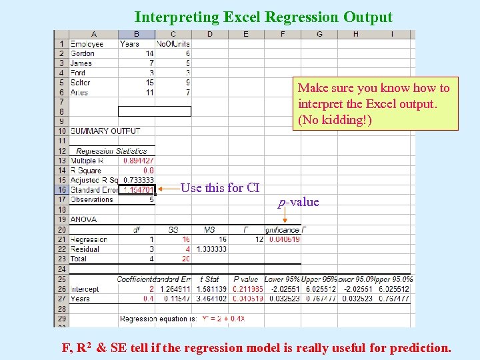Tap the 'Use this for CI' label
(x=220, y=188)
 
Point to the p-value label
(x=299, y=202)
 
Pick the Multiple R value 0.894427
(x=139, y=161)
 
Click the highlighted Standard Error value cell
(x=137, y=190)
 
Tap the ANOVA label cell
(x=83, y=219)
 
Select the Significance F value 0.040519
(x=285, y=239)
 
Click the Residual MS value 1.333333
(x=210, y=249)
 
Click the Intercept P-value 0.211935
(x=248, y=290)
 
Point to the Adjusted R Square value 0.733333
(x=139, y=180)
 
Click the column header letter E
(x=246, y=34)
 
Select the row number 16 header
(x=61, y=190)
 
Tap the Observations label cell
(x=91, y=199)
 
